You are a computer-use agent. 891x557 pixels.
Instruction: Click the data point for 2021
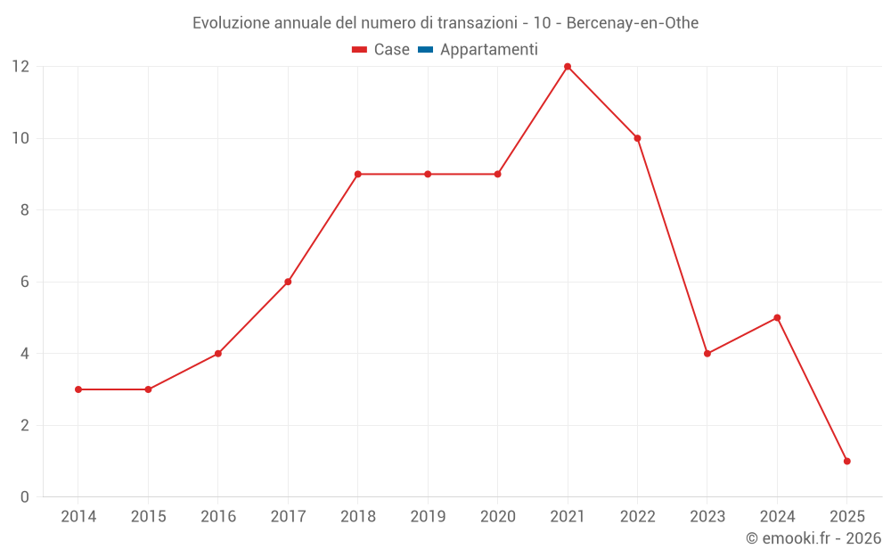[x=568, y=67]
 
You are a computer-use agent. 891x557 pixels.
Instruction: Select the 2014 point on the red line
[x=78, y=389]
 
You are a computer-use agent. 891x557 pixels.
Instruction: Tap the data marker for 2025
[x=846, y=461]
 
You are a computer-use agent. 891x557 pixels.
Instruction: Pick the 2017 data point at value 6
[x=288, y=282]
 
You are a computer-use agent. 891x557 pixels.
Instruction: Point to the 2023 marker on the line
[x=707, y=354]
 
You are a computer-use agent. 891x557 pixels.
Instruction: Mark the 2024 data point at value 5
[x=777, y=317]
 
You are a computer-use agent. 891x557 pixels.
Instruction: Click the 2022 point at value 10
[x=637, y=138]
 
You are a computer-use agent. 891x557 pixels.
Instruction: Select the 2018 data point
[x=357, y=174]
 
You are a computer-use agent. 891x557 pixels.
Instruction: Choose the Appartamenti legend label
[x=488, y=50]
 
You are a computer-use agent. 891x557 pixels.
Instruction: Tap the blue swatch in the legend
[x=425, y=50]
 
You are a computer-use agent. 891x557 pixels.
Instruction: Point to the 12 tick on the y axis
[x=20, y=67]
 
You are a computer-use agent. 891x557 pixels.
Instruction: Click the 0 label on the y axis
[x=24, y=497]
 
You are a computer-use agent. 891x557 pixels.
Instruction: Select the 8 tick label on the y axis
[x=24, y=210]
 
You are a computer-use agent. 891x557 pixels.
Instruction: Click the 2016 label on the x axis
[x=218, y=517]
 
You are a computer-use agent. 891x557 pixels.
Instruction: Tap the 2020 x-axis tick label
[x=497, y=517]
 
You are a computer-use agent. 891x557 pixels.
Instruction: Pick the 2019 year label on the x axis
[x=428, y=517]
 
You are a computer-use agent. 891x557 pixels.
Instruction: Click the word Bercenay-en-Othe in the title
[x=633, y=22]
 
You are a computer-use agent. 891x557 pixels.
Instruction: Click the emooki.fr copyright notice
[x=813, y=538]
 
